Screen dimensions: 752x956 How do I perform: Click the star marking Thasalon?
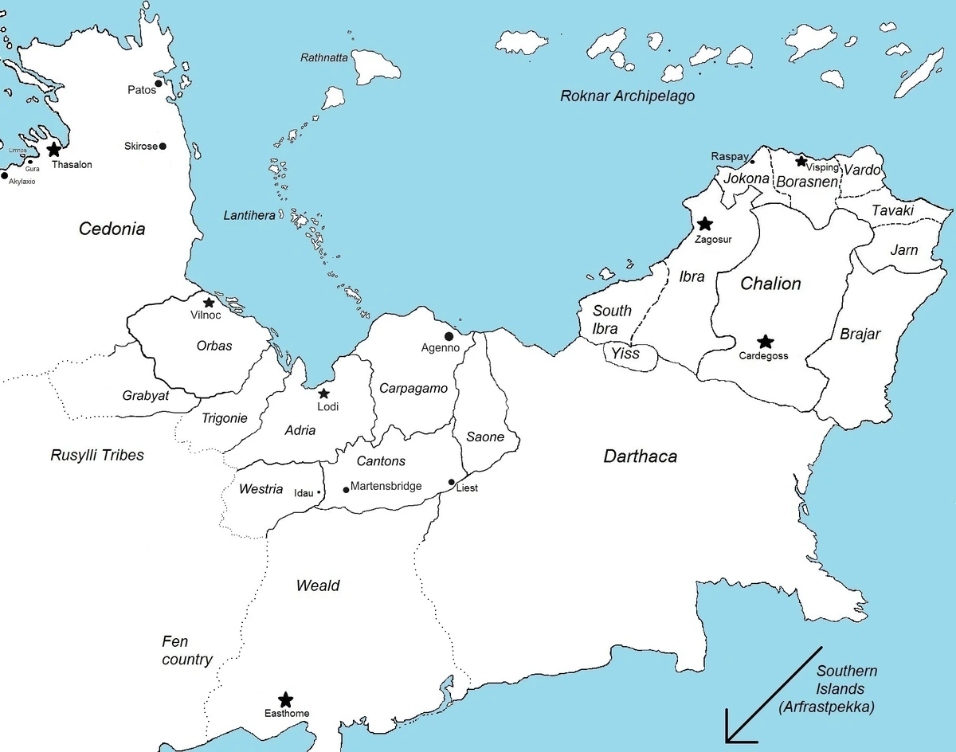[x=53, y=149]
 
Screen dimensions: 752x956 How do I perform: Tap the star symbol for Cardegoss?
[x=765, y=342]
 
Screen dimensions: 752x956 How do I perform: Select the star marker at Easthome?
[x=285, y=699]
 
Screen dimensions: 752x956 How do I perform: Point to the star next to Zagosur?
[x=704, y=224]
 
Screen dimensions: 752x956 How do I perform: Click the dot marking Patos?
[x=159, y=84]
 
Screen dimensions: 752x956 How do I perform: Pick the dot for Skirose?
[x=163, y=147]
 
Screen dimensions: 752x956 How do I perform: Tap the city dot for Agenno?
[x=449, y=336]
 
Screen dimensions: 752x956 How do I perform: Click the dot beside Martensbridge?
[x=346, y=489]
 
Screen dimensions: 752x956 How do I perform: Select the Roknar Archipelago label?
[x=627, y=96]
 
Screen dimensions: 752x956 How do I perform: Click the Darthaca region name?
[x=640, y=456]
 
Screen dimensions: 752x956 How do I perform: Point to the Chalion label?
[x=770, y=284]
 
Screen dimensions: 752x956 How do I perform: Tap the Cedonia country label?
[x=112, y=229]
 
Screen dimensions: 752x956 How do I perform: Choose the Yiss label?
[x=625, y=353]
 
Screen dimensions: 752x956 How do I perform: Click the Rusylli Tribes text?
[x=97, y=456]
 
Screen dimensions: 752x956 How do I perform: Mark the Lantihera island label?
[x=249, y=215]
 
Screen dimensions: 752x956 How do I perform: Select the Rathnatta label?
[x=325, y=57]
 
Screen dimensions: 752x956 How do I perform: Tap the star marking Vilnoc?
[x=209, y=303]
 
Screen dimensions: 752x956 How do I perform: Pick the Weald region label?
[x=318, y=586]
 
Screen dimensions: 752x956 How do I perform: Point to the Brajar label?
[x=860, y=334]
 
